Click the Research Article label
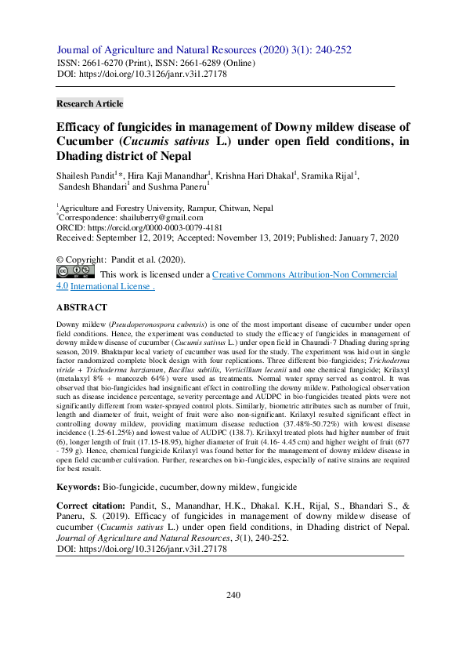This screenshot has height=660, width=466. coord(90,103)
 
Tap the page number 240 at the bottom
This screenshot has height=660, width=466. coord(233,618)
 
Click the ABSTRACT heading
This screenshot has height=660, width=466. coord(81,308)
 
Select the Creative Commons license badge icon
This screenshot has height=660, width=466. coord(75,273)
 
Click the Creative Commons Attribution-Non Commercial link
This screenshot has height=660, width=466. coord(305,275)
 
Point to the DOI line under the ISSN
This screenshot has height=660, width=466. coord(142,74)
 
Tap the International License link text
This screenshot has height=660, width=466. coord(112,287)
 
